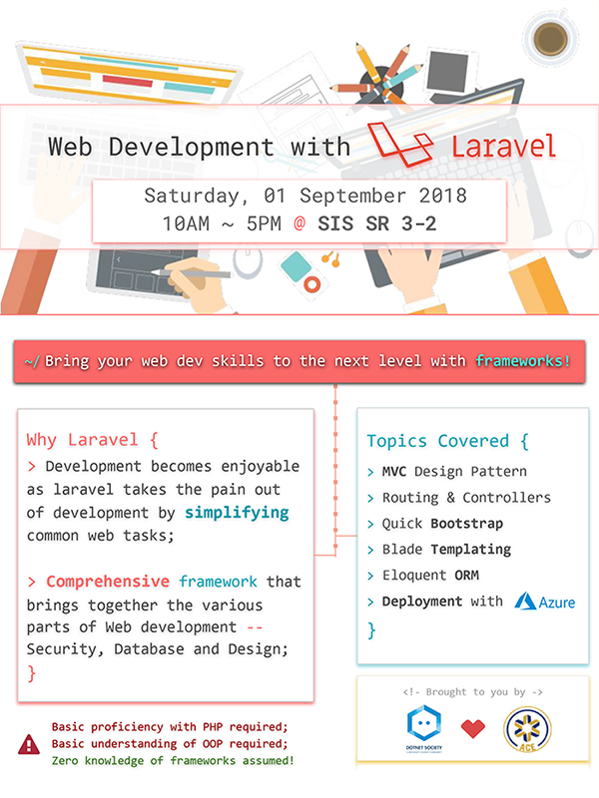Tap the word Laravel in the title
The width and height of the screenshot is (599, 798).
[x=503, y=147]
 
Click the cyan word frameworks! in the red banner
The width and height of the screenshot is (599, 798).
[x=523, y=361]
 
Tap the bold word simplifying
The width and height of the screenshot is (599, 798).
[x=237, y=512]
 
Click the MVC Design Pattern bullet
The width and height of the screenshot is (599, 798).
[x=453, y=471]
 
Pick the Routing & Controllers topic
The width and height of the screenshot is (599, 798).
[x=465, y=497]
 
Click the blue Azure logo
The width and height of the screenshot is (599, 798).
[x=543, y=601]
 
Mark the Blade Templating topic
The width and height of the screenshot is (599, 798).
[x=445, y=550]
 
